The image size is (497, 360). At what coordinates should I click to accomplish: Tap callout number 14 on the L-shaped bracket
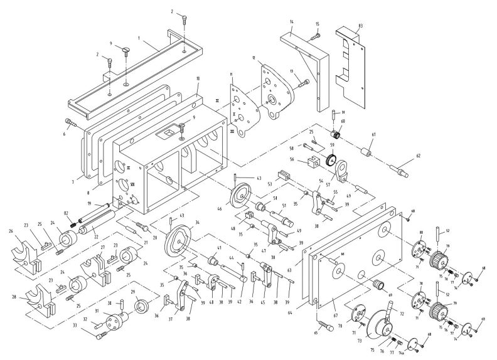point(292,22)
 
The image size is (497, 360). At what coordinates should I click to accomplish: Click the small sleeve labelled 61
point(366,152)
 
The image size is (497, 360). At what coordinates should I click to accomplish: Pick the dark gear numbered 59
point(333,160)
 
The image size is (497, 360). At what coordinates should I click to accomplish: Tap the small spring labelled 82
point(75,220)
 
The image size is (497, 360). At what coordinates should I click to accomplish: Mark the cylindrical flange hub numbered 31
point(114,322)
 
